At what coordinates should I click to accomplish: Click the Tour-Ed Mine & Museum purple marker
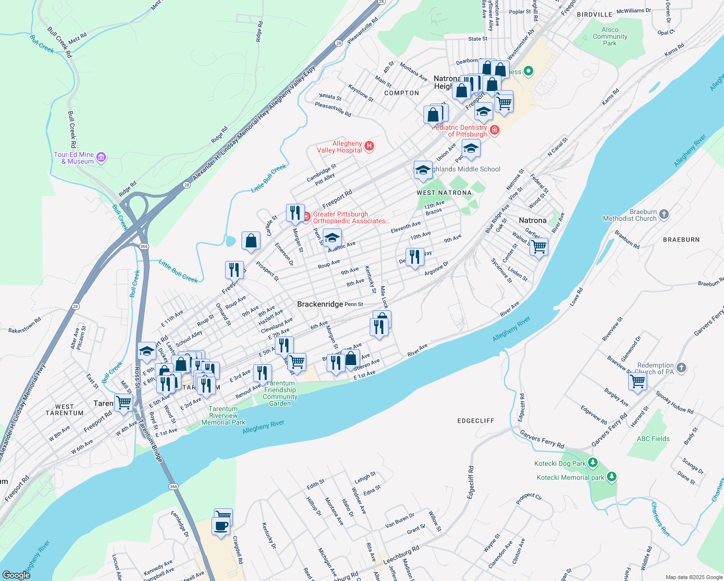coord(101,157)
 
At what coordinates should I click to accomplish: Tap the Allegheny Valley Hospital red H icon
coord(369,146)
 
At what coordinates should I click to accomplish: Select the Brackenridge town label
coord(320,304)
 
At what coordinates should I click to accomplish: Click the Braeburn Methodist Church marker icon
coord(664,214)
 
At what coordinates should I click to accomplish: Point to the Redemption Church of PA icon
coord(681,367)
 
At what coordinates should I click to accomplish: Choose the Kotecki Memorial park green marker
coord(612,477)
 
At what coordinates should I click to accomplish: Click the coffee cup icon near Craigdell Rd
coord(221,526)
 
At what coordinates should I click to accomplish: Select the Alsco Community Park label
coord(610,36)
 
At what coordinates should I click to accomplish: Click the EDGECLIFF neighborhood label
coord(476,421)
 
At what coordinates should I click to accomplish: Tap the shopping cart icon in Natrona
coord(539,247)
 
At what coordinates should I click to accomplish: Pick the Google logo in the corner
coord(16,575)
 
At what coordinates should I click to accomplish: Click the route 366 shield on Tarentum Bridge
coord(173,486)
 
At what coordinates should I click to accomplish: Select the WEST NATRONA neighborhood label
coord(444,193)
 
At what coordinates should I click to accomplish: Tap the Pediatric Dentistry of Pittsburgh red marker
coord(494,130)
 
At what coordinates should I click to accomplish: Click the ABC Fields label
coord(653,439)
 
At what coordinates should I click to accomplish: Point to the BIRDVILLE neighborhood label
coord(594,15)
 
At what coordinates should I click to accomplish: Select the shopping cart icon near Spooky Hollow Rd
coord(637,382)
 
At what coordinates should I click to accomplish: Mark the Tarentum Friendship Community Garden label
coord(280,393)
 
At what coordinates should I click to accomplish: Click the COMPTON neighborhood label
coord(401,93)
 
